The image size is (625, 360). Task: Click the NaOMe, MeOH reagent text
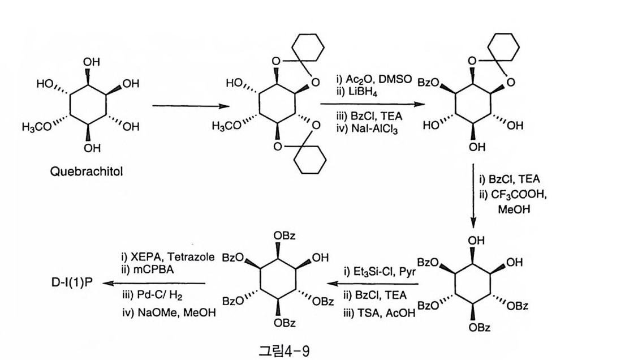click(170, 311)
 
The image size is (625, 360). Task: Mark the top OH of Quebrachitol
click(92, 62)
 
